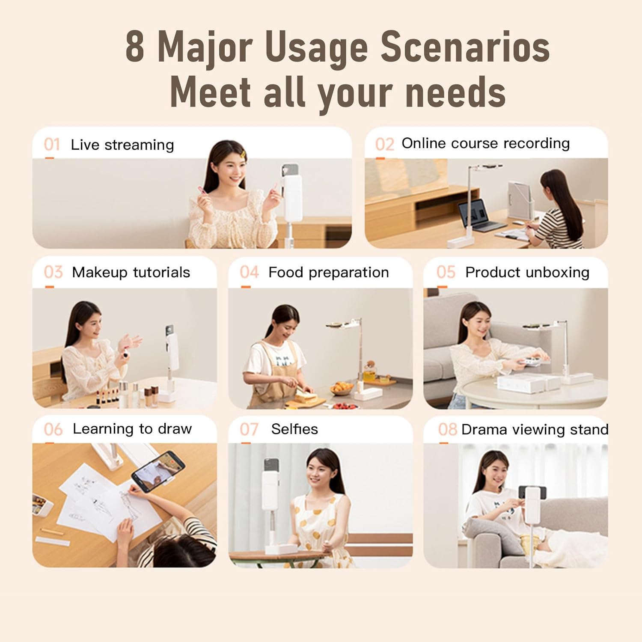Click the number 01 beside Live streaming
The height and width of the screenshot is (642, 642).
tap(52, 145)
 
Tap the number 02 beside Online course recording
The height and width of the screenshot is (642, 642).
tap(384, 145)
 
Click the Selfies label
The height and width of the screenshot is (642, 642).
tap(294, 429)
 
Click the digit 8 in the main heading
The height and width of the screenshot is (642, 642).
tap(135, 47)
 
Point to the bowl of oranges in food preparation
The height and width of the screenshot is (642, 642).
tap(342, 388)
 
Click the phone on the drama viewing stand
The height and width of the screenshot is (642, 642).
tap(532, 492)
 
